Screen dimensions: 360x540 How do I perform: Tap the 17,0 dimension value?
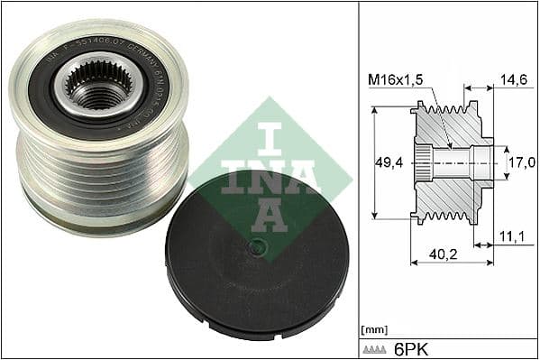(522, 162)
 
